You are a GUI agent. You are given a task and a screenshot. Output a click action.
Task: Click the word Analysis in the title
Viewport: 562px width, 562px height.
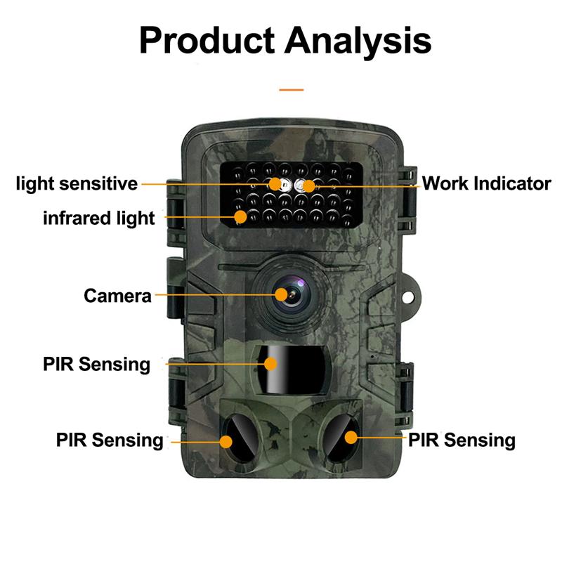tap(358, 42)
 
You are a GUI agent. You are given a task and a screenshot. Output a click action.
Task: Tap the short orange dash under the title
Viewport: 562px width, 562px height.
tap(292, 90)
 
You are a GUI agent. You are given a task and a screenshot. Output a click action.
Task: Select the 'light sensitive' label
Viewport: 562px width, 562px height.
tap(77, 184)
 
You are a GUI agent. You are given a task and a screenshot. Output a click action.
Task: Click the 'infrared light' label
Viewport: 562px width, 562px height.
tap(99, 218)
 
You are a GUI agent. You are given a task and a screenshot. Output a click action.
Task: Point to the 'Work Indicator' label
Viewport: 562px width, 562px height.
tap(486, 183)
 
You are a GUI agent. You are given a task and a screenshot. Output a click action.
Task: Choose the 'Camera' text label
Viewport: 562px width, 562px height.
tap(117, 296)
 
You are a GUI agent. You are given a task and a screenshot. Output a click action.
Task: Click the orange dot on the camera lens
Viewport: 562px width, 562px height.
tap(282, 294)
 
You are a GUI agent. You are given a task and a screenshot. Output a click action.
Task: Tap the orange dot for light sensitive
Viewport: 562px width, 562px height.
tap(275, 184)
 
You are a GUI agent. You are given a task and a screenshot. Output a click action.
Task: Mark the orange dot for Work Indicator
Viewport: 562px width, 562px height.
tap(308, 186)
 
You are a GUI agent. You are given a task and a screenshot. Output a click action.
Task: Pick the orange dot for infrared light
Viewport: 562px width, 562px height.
tap(240, 217)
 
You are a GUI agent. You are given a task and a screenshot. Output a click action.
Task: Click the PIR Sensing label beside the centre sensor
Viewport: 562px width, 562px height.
tap(96, 365)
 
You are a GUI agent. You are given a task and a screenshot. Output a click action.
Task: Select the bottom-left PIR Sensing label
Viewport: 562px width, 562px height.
tap(110, 440)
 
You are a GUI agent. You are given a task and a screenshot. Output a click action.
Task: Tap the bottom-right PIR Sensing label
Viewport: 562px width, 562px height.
tap(462, 440)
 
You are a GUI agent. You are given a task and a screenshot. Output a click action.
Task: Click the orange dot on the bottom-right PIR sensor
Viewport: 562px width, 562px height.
tap(351, 437)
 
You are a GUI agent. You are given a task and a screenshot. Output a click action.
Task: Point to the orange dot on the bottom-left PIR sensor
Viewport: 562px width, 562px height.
tap(226, 442)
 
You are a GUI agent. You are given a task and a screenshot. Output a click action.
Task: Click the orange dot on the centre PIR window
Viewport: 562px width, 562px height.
tap(270, 364)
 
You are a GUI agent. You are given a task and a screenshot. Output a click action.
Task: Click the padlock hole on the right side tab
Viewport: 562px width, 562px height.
tap(407, 297)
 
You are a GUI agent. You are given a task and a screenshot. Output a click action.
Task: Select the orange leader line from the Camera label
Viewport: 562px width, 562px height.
tap(216, 295)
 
